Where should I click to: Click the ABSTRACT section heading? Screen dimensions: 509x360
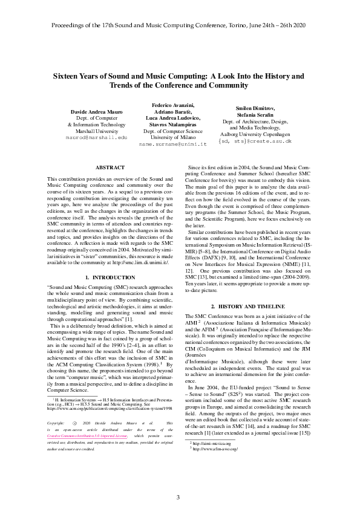coord(110,167)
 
